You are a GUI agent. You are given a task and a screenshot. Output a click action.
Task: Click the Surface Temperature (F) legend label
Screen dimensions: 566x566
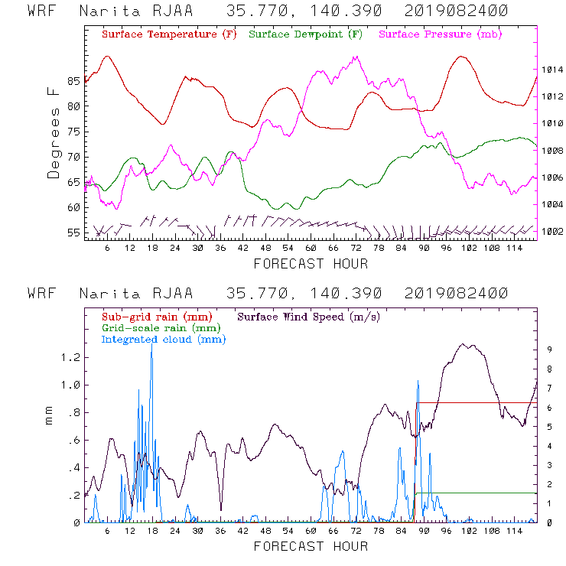coord(169,35)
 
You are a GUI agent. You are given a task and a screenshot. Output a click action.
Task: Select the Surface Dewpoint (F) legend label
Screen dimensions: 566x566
coord(306,35)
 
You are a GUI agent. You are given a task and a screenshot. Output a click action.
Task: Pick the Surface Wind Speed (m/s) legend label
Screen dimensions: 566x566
coord(309,316)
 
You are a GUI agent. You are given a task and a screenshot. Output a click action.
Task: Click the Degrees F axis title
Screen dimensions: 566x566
coord(54,132)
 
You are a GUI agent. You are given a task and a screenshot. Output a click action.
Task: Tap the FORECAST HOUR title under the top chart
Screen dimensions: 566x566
coord(311,264)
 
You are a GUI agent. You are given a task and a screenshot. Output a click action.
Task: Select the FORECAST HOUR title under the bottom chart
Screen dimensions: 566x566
coord(311,546)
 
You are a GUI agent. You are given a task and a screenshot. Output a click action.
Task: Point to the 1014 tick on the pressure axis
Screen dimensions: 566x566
coord(552,70)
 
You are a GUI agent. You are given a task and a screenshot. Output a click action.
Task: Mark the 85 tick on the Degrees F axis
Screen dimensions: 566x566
coord(73,80)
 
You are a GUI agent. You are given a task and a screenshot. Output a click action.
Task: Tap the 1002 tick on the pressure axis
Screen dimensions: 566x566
coord(552,231)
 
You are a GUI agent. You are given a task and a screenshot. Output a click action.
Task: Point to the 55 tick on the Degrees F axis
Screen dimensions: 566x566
coord(73,232)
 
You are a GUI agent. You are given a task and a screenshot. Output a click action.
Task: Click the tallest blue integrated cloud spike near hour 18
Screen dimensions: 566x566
coord(151,346)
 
